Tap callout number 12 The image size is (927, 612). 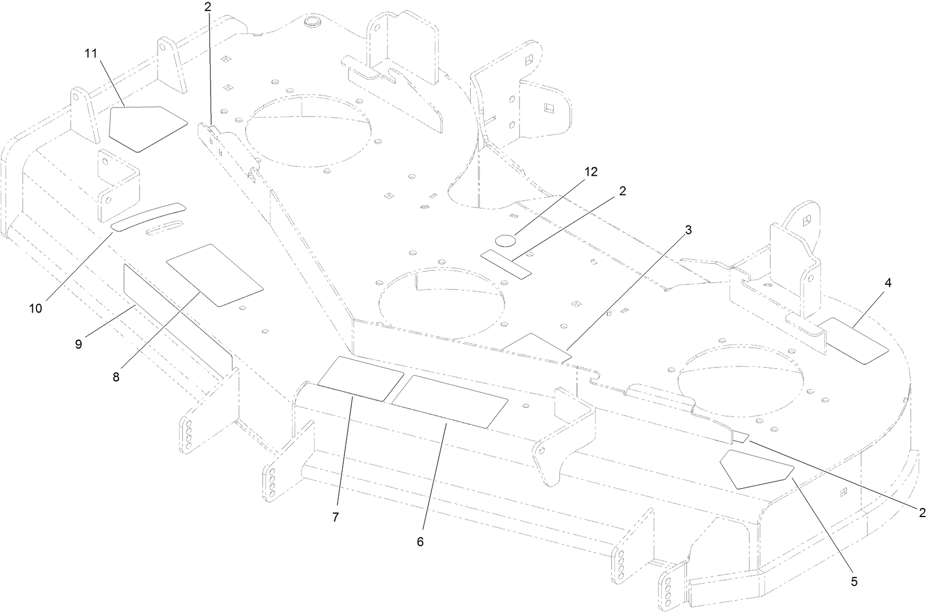[591, 172]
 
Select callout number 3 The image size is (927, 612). [688, 230]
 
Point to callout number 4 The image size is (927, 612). [888, 284]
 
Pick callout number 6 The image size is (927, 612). [420, 541]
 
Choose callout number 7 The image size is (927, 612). [335, 517]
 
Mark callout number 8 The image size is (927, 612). [116, 377]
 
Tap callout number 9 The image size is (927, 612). [78, 344]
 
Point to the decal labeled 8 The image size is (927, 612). [215, 275]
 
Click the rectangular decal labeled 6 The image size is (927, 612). [450, 401]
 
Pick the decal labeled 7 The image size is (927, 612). [361, 378]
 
